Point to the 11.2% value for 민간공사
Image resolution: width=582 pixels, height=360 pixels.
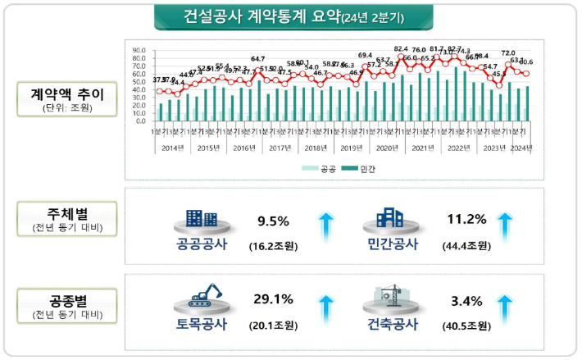[x=467, y=219]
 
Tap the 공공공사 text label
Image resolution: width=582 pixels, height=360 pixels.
[x=202, y=244]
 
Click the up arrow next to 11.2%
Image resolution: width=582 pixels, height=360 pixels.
[x=505, y=226]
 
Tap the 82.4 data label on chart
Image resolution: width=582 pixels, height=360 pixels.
[x=401, y=49]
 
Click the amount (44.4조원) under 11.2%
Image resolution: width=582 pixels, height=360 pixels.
[x=466, y=245]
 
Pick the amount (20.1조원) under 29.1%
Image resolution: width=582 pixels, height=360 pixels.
[x=274, y=326]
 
